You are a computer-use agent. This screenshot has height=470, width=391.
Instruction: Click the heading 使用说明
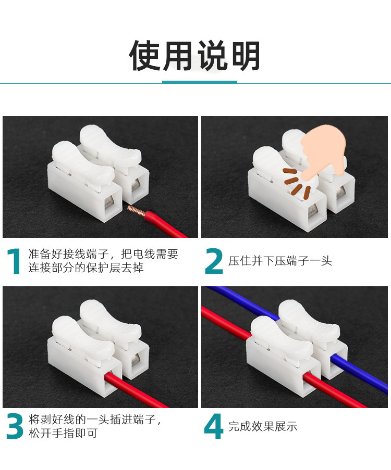point(195,56)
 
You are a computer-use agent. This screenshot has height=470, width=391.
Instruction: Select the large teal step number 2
point(214,261)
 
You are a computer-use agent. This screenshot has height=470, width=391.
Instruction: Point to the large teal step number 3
point(15,426)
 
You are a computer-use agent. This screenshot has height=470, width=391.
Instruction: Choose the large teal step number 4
point(214,426)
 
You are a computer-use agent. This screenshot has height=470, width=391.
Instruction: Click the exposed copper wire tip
point(136,210)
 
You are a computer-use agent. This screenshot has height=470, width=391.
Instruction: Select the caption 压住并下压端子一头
point(280,261)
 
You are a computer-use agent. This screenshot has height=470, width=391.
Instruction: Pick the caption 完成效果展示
point(263,426)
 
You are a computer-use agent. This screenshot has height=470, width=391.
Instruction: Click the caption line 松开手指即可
point(63,433)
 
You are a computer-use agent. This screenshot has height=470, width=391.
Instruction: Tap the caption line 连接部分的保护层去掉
point(86,268)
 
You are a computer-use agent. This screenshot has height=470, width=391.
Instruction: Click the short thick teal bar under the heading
point(200,82)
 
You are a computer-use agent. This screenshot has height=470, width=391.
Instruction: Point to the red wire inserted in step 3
point(135,390)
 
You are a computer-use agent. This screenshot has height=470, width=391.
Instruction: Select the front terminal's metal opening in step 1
point(109,203)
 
